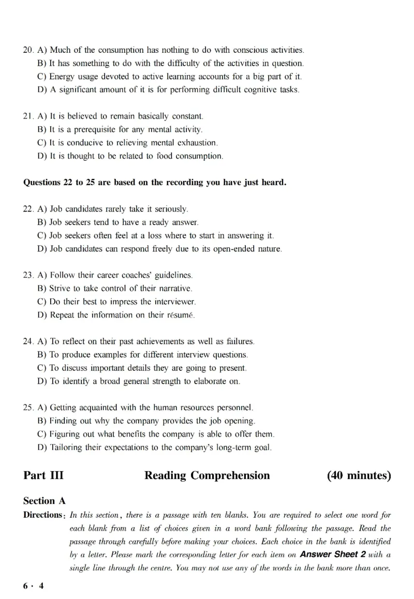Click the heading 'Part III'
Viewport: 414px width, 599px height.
(x=43, y=475)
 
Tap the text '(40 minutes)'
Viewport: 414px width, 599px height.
(x=359, y=475)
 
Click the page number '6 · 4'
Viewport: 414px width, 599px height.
(x=34, y=586)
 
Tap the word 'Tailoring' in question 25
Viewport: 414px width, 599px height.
(x=67, y=447)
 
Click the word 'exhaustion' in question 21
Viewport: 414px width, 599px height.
(x=196, y=143)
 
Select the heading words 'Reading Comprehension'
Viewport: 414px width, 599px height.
(x=207, y=475)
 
